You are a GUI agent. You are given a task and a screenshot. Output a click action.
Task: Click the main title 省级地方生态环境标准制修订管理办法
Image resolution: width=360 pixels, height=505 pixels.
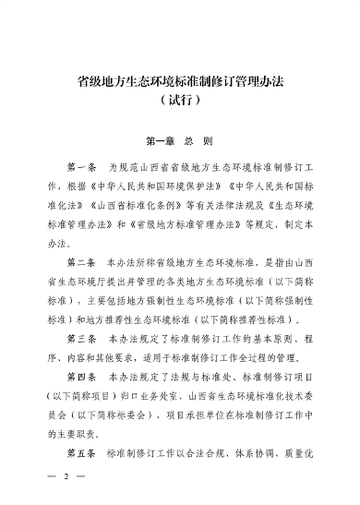point(180,80)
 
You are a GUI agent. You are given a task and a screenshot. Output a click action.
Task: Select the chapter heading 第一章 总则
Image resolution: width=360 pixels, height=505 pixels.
point(180,143)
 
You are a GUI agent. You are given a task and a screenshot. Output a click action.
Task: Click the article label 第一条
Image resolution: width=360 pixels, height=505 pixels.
point(83,171)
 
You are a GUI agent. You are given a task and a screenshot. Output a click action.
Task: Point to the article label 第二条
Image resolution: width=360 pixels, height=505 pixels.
point(83,261)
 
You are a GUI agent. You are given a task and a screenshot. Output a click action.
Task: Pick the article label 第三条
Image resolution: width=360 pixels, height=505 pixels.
point(83,340)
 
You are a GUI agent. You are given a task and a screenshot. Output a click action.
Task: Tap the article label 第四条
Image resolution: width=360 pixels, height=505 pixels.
point(83,378)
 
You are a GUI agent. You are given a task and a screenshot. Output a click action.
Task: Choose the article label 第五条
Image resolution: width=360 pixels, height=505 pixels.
point(83,455)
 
